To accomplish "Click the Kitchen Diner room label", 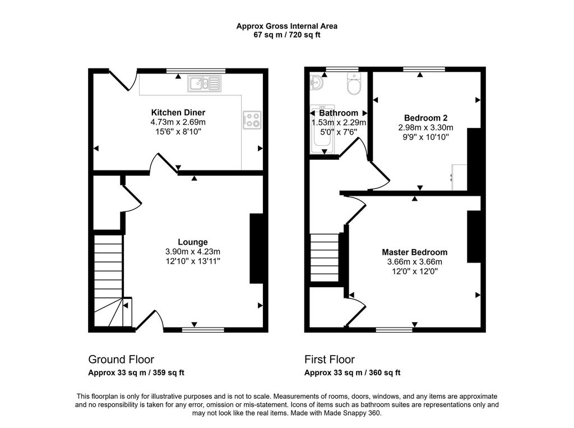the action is pos(178,113).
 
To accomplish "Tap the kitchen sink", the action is pos(205,84).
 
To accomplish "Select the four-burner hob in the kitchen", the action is pos(252,120).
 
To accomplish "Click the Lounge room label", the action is pos(193,242).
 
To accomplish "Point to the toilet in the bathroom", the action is pos(354,84).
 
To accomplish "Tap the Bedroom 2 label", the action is pos(426,118).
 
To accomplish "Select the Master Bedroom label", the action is pos(414,252).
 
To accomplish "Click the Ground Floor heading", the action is pos(121,359).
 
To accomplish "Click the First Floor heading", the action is pos(330,359).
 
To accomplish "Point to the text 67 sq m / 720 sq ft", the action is pos(286,35).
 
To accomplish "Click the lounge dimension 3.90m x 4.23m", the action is pos(193,252).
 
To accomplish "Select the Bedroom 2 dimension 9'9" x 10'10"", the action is pos(426,137).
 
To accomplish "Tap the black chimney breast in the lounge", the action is pos(256,248).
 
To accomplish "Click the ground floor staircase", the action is pos(109,280).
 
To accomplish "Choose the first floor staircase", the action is pos(325,257).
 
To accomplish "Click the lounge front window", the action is pos(203,330).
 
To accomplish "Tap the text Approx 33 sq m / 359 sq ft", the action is pos(136,372).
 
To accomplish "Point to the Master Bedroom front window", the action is pos(395,330).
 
